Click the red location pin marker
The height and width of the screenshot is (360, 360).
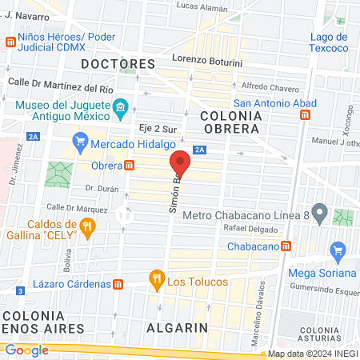point(181,162)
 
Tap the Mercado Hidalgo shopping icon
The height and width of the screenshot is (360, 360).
point(79,144)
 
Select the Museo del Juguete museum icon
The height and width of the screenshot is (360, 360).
point(121,106)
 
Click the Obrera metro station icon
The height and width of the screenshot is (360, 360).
point(129,165)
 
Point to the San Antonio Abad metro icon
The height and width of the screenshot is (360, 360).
point(305,115)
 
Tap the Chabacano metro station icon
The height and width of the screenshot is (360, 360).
point(285,246)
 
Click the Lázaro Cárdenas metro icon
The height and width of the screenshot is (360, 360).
point(118,284)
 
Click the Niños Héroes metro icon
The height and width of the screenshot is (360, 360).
point(11,42)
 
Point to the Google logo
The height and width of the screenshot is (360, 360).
point(26,350)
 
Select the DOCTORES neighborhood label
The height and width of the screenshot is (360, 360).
point(118,63)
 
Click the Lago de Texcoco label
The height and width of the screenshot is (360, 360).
point(329,43)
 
